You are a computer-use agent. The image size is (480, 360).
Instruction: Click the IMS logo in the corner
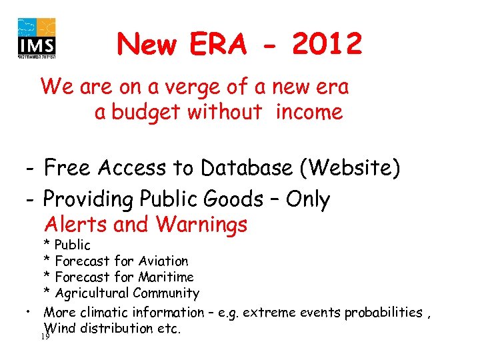pos(37,37)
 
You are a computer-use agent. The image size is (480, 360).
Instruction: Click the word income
pos(309,113)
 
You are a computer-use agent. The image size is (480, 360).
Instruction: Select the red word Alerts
pos(77,225)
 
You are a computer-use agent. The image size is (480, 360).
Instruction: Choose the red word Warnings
pos(202,225)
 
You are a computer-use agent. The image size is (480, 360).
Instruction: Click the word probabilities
pos(384,312)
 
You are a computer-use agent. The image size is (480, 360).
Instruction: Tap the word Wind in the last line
pos(59,328)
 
